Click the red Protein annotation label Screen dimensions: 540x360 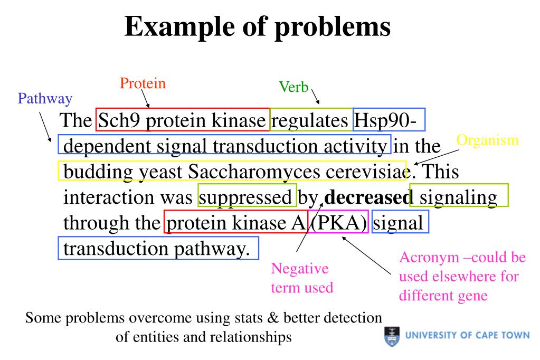point(143,83)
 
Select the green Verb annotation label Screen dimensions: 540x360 point(293,88)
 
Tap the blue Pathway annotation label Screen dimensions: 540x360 point(45,98)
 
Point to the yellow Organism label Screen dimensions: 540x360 point(487,140)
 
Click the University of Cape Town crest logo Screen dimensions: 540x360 point(391,336)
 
